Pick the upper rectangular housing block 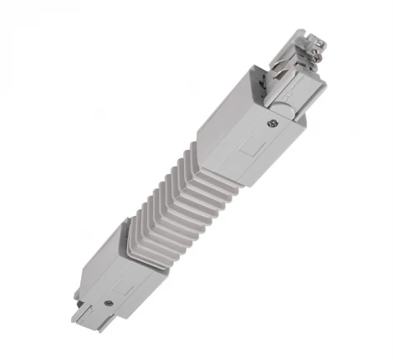click(x=251, y=134)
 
